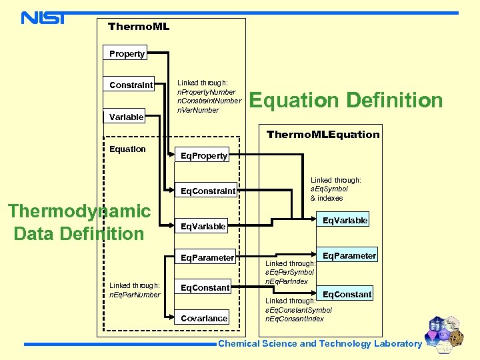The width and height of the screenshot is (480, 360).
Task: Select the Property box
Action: (127, 53)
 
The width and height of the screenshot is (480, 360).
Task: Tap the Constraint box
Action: (131, 85)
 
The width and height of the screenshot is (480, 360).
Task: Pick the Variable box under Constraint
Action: (127, 117)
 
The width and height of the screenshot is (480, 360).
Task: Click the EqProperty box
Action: (205, 155)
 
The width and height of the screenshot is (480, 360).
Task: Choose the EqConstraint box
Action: (209, 191)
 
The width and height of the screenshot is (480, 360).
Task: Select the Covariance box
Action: (204, 318)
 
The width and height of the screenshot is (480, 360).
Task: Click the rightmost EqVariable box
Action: (345, 220)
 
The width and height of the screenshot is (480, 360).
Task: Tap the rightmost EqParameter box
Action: (349, 255)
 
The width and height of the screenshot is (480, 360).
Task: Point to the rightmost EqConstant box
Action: (347, 294)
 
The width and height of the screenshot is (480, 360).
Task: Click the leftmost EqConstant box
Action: (206, 287)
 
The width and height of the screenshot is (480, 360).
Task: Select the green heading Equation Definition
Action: (345, 100)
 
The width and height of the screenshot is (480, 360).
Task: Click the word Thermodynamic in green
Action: (79, 211)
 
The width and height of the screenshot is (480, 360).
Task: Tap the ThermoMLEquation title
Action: (323, 134)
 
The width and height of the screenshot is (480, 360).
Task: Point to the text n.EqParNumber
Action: (135, 294)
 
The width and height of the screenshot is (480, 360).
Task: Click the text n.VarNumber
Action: (197, 110)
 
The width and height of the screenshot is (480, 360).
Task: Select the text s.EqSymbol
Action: (329, 189)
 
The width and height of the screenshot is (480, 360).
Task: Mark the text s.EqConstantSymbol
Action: (299, 310)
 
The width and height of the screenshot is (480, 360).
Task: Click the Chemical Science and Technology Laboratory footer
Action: (320, 344)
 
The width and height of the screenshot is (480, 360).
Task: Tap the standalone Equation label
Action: (127, 149)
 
